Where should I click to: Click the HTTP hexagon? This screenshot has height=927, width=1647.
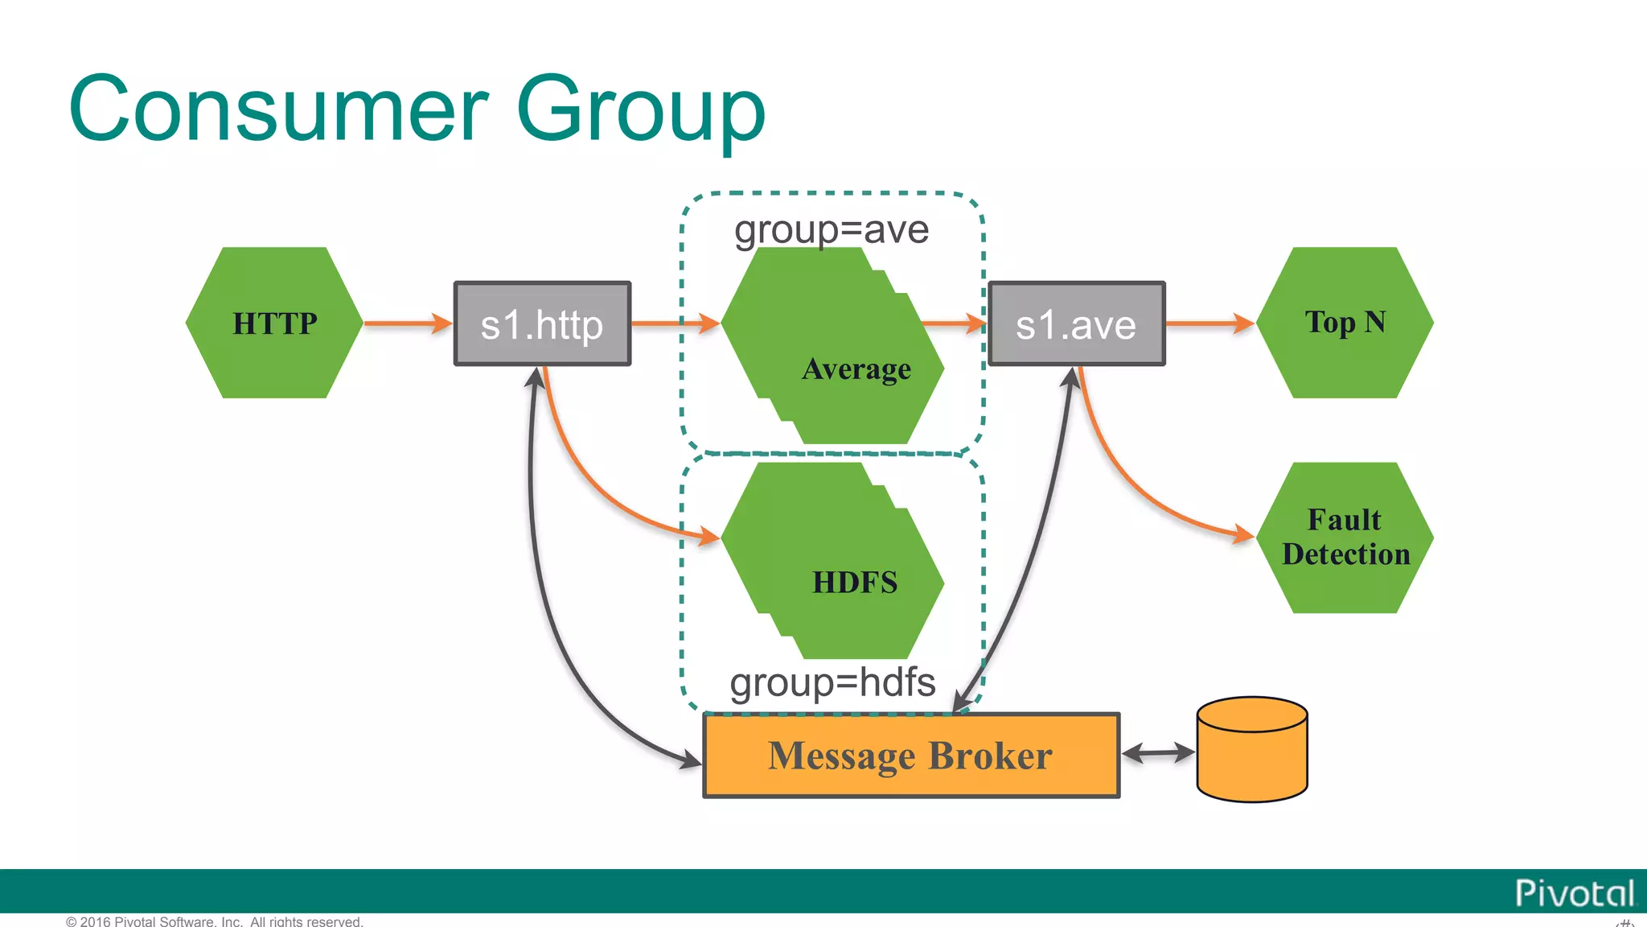click(274, 323)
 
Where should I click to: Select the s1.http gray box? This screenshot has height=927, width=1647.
click(542, 323)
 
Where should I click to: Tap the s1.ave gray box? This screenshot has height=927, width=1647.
click(1076, 323)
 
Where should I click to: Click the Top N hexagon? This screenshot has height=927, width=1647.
click(1345, 323)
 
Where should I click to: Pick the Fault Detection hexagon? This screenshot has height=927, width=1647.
click(1345, 538)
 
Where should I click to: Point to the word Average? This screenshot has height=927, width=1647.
click(856, 369)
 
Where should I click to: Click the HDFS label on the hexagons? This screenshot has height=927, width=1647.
click(854, 582)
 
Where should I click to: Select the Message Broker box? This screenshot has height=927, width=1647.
click(911, 756)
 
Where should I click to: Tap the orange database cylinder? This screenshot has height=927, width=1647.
click(1252, 750)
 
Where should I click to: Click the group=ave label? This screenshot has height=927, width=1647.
click(832, 230)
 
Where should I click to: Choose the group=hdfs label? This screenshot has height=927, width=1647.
click(832, 682)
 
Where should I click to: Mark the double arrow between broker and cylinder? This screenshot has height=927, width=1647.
click(1158, 753)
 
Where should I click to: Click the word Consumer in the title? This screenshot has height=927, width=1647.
click(278, 109)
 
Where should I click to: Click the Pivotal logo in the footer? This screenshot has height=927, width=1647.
click(1574, 893)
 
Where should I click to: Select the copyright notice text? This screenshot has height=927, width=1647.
click(215, 921)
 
